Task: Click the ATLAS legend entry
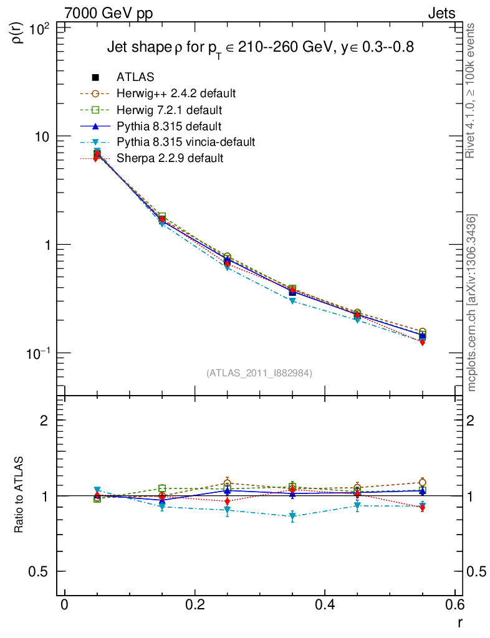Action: (135, 77)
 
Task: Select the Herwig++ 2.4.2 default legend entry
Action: (176, 93)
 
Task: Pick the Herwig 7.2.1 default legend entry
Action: (169, 110)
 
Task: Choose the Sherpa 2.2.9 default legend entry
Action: (170, 158)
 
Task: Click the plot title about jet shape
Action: (261, 48)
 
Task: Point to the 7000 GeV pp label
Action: (108, 13)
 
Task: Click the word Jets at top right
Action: (441, 13)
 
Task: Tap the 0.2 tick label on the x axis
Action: (195, 604)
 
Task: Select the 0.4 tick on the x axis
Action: (325, 604)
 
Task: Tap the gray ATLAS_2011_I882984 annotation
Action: (259, 373)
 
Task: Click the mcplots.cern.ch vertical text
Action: (473, 303)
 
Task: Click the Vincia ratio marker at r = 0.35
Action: (292, 517)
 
